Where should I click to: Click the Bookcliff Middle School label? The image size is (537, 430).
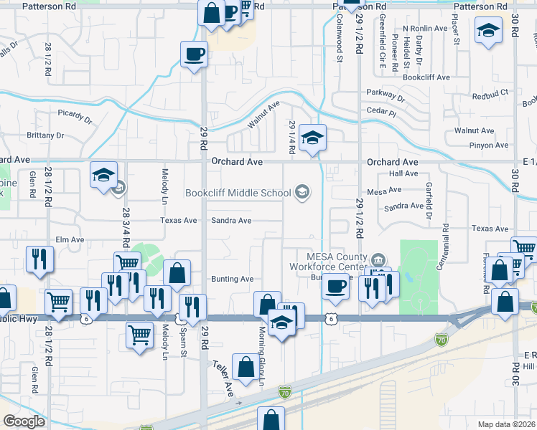pyautogui.click(x=238, y=192)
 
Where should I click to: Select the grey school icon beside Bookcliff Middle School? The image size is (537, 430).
pyautogui.click(x=303, y=191)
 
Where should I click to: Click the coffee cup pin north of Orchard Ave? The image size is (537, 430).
pyautogui.click(x=194, y=54)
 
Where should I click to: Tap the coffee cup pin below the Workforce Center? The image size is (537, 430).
pyautogui.click(x=335, y=287)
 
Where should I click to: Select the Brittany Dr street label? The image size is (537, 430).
pyautogui.click(x=45, y=135)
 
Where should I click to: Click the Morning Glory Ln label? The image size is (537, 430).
pyautogui.click(x=261, y=356)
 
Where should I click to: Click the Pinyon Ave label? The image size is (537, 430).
pyautogui.click(x=490, y=145)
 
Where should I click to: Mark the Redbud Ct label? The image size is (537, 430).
pyautogui.click(x=490, y=94)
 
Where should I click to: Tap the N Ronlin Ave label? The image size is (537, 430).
pyautogui.click(x=424, y=29)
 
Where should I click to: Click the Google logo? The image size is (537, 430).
pyautogui.click(x=24, y=421)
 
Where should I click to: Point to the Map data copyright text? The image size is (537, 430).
pyautogui.click(x=507, y=424)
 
